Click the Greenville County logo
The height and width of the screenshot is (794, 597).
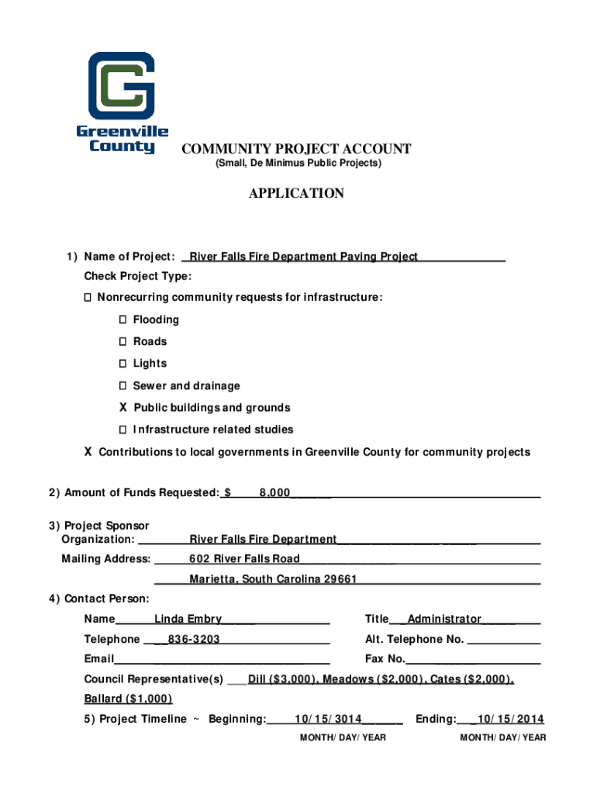(122, 102)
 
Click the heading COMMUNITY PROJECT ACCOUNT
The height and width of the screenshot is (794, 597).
(296, 149)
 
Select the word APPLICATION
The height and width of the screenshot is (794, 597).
(296, 193)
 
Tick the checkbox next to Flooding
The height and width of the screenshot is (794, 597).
(123, 320)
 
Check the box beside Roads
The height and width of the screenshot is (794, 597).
(123, 342)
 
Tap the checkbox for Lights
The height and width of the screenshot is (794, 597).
(123, 364)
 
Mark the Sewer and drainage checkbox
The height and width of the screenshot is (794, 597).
(123, 386)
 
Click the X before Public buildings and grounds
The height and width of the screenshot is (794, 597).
(123, 408)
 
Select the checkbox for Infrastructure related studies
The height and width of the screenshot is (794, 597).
(123, 430)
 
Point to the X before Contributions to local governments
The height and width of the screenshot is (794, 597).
(88, 452)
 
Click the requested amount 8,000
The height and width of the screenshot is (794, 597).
(274, 493)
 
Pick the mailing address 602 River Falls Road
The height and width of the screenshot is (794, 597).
(244, 559)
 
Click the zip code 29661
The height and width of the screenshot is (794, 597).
(340, 580)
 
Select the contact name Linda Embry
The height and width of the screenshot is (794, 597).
(188, 620)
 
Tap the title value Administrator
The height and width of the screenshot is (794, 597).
(444, 620)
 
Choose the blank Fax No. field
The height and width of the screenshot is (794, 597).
(472, 660)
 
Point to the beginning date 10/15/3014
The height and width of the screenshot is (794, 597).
(329, 719)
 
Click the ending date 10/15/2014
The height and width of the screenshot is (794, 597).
(510, 719)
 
